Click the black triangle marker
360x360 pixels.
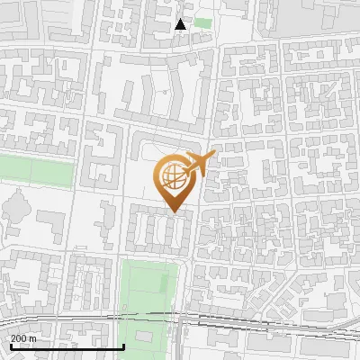pyautogui.click(x=181, y=24)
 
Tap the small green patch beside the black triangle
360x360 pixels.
pyautogui.click(x=203, y=23)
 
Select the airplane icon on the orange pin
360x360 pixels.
pyautogui.click(x=200, y=163)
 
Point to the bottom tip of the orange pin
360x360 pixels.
pyautogui.click(x=174, y=211)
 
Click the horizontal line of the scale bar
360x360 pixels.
pyautogui.click(x=67, y=346)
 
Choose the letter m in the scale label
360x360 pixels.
pyautogui.click(x=33, y=337)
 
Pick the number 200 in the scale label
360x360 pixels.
pyautogui.click(x=19, y=337)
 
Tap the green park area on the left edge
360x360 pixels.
pyautogui.click(x=36, y=171)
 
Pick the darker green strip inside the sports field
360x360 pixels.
pyautogui.click(x=162, y=283)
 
